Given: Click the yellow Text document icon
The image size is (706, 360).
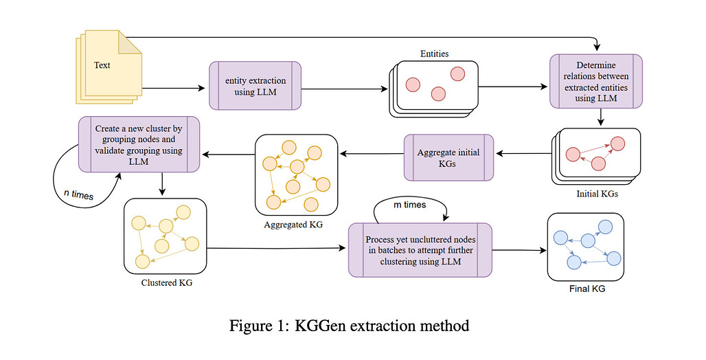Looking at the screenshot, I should click(x=106, y=67).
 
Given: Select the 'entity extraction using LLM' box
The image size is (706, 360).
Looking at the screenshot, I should click(x=255, y=87).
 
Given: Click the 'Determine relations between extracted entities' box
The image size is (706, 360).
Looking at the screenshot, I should click(x=596, y=81).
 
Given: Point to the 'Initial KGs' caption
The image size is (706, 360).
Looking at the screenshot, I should click(x=597, y=194).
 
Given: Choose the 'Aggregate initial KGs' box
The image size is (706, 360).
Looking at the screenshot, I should click(x=448, y=157).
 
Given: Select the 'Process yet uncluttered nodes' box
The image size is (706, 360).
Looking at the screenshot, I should click(x=420, y=250).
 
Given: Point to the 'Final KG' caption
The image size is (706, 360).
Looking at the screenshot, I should click(x=587, y=289).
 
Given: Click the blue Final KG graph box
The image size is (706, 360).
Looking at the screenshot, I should click(x=585, y=247).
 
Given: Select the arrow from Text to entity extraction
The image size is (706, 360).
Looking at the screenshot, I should click(x=175, y=87).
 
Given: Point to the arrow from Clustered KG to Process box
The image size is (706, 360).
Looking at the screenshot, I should click(x=275, y=249).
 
